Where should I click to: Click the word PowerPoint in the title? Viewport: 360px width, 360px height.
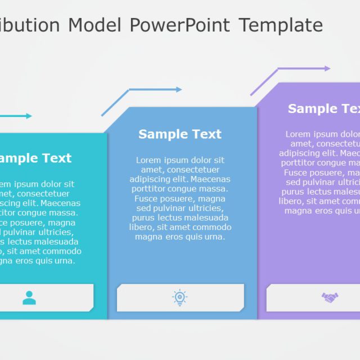(180, 25)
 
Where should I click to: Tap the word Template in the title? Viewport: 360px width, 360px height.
(281, 25)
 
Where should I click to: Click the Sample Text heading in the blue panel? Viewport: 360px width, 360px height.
(180, 134)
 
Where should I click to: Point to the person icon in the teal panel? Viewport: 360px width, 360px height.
(29, 298)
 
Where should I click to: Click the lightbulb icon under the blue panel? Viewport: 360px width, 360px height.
(180, 298)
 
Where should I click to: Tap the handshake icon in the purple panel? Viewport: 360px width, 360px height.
(330, 297)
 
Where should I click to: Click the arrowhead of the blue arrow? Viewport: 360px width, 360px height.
(179, 89)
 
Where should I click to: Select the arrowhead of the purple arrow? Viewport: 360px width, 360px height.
(327, 69)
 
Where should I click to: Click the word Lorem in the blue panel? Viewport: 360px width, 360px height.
(148, 160)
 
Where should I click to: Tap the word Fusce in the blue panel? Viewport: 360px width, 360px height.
(146, 199)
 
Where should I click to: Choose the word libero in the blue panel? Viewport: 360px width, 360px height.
(141, 227)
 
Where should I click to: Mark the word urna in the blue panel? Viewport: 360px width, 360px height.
(214, 237)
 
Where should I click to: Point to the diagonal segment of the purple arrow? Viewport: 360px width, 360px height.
(264, 82)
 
